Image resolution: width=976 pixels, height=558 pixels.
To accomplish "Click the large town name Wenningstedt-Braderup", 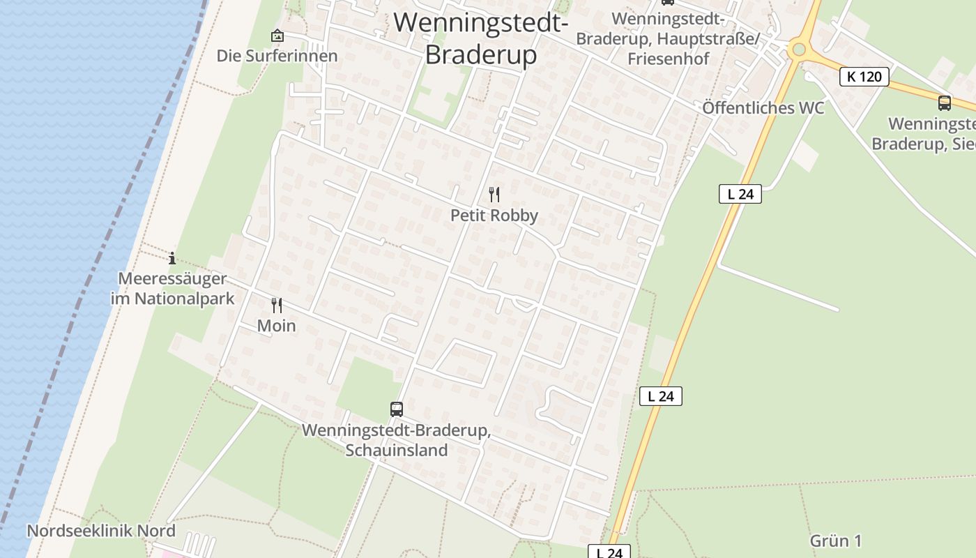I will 480,38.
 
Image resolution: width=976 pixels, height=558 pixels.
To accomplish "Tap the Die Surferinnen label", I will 277,56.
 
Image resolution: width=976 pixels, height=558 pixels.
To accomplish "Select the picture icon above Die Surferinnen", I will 277,35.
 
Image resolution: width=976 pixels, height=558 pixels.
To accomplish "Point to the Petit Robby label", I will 494,216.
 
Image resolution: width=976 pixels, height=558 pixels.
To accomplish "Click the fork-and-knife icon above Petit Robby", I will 494,195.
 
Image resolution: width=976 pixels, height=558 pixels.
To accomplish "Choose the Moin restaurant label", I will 277,326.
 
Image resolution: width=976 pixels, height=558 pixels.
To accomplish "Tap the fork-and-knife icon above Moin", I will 277,306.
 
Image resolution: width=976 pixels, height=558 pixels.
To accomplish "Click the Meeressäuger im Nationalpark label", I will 172,289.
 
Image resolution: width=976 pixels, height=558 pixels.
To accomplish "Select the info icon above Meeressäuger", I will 172,259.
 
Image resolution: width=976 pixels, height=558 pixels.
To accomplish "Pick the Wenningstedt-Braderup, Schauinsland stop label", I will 397,440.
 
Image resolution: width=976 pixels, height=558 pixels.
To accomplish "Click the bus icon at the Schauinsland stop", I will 397,409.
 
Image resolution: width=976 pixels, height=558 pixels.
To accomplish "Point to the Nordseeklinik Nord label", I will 101,531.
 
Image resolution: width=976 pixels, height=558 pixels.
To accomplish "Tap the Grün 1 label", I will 836,541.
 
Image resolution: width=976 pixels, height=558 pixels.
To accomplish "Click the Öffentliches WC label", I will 763,108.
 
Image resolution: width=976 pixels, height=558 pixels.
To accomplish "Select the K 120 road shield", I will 864,76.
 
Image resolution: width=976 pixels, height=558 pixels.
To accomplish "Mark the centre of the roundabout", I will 799,50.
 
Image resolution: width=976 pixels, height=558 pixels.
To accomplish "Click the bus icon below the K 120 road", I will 945,103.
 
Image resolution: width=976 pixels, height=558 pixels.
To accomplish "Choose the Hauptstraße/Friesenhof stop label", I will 668,38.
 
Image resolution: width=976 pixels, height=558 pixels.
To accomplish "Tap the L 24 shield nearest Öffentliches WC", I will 740,194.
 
